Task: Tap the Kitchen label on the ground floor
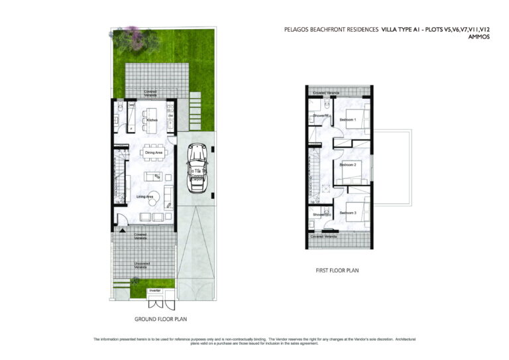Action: click(151, 120)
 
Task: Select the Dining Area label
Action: click(154, 153)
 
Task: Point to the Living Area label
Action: click(145, 196)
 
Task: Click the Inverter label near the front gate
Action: click(155, 290)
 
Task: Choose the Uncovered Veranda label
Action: click(141, 265)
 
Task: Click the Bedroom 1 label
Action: click(348, 119)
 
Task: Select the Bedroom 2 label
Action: click(348, 164)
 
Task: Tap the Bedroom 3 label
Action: click(348, 212)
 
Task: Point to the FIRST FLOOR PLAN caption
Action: click(337, 270)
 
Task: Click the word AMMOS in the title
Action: click(479, 38)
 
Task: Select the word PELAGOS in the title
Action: click(297, 30)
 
